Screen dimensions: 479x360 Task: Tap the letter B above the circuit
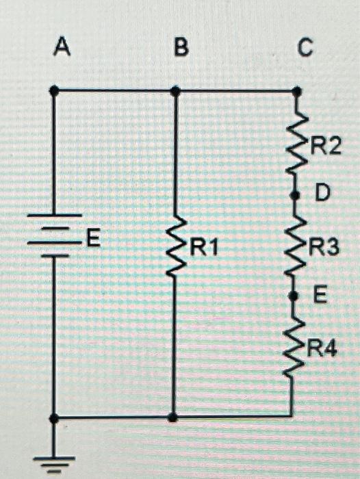[181, 47]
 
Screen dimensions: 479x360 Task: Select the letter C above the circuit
[305, 47]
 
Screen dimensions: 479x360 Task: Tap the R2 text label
[325, 145]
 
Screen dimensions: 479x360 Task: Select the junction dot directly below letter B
[175, 90]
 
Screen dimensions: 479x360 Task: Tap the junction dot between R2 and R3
[295, 195]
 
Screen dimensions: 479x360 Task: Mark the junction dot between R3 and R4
[294, 296]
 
